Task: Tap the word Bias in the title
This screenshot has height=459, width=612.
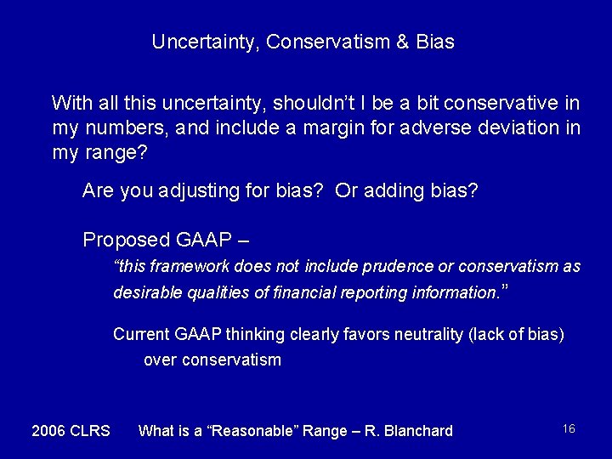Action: (436, 42)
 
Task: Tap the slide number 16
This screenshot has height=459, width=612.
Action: (569, 429)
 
